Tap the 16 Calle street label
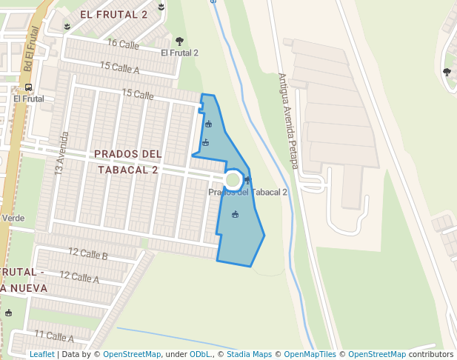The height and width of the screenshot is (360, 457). pos(123,43)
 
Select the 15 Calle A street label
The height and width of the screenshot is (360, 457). pos(120,68)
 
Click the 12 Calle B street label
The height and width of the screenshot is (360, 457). pos(88,254)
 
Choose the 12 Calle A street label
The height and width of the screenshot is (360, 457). pos(79,277)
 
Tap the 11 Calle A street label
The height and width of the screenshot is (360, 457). pos(54,336)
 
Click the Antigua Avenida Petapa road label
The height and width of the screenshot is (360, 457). pos(288,121)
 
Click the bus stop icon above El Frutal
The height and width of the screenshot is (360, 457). pos(28,87)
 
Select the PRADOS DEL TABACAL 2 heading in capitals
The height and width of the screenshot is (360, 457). pos(127,161)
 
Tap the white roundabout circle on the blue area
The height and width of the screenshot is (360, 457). pos(233,179)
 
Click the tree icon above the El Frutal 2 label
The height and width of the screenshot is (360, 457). pos(179,41)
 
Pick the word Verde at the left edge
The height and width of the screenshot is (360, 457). pos(13,219)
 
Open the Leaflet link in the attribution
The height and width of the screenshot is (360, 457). pos(41,355)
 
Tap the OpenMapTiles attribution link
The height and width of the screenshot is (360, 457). pos(310,355)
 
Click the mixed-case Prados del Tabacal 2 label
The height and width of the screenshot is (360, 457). pos(247,193)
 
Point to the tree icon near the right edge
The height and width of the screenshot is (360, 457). pos(447,72)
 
